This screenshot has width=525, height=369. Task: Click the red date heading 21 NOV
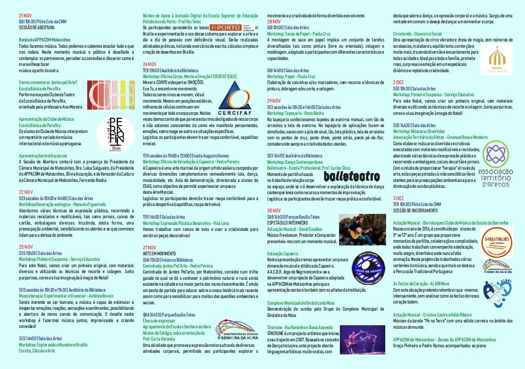click(25, 16)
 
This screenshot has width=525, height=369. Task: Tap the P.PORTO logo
click(225, 28)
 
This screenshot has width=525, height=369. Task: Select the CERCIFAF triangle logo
click(234, 98)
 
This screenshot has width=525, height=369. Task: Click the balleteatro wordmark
click(351, 176)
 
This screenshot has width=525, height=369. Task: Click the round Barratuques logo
click(497, 241)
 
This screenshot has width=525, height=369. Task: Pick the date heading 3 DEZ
click(398, 199)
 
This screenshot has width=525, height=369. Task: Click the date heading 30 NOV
click(274, 211)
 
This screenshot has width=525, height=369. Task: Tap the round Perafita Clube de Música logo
click(116, 134)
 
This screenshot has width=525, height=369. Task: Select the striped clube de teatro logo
click(111, 95)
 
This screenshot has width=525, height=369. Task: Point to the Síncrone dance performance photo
click(362, 340)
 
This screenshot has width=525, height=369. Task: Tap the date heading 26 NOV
click(150, 64)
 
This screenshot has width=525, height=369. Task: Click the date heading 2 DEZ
click(398, 82)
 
